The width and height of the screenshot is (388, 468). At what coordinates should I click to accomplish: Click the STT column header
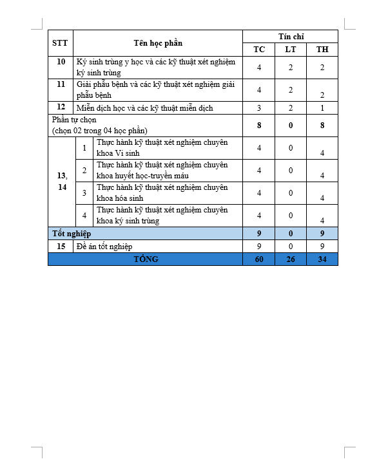click(x=60, y=43)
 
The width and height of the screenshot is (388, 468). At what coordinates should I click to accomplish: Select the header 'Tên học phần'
click(x=158, y=43)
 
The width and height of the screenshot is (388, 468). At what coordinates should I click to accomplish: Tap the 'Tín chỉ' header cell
click(x=290, y=36)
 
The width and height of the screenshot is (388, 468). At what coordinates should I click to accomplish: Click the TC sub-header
click(x=258, y=50)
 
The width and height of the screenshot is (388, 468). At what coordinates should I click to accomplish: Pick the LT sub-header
click(x=291, y=50)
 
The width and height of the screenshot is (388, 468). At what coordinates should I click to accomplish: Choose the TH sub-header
click(x=322, y=50)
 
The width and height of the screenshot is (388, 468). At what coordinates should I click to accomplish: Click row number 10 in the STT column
click(x=61, y=62)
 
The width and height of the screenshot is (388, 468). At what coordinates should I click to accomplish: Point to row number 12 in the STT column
click(x=61, y=107)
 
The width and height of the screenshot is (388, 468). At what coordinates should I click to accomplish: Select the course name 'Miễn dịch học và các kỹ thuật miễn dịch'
click(x=144, y=108)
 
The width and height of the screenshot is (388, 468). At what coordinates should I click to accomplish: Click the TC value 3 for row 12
click(x=258, y=108)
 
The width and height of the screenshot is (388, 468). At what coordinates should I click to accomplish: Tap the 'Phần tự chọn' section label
click(x=100, y=125)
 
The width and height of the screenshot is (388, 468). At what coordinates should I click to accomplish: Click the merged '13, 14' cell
click(x=61, y=181)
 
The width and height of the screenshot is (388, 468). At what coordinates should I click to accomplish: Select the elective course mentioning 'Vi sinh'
click(x=162, y=147)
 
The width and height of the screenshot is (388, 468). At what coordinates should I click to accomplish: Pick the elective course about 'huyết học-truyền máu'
click(x=162, y=170)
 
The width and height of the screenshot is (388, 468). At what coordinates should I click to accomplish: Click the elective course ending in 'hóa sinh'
click(x=162, y=192)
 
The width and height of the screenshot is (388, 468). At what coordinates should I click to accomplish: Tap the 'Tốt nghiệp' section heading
click(x=72, y=233)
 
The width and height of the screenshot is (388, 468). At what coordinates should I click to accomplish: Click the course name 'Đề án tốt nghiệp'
click(x=104, y=246)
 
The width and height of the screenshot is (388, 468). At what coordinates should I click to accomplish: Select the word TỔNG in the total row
click(x=145, y=259)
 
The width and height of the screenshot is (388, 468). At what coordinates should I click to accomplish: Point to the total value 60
click(x=258, y=259)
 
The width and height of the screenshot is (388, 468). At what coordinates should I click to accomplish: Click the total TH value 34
click(x=322, y=259)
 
